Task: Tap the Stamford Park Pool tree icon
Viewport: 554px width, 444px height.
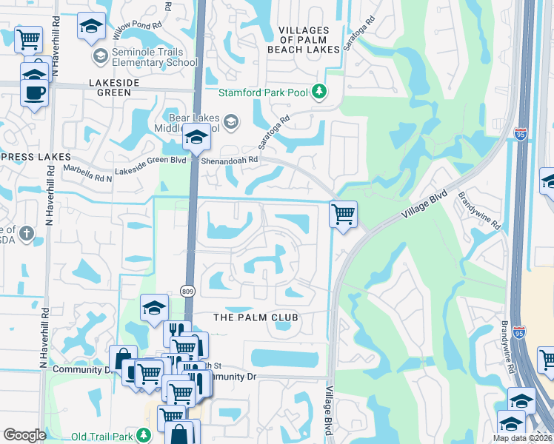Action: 319,92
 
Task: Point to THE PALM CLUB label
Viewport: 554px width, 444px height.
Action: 256,317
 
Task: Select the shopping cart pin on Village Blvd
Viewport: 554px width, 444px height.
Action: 343,215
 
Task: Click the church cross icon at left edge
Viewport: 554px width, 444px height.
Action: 27,235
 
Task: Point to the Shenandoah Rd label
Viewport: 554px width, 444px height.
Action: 231,160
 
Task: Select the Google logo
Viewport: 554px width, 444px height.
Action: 24,435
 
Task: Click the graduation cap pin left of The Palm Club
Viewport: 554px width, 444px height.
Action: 153,309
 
